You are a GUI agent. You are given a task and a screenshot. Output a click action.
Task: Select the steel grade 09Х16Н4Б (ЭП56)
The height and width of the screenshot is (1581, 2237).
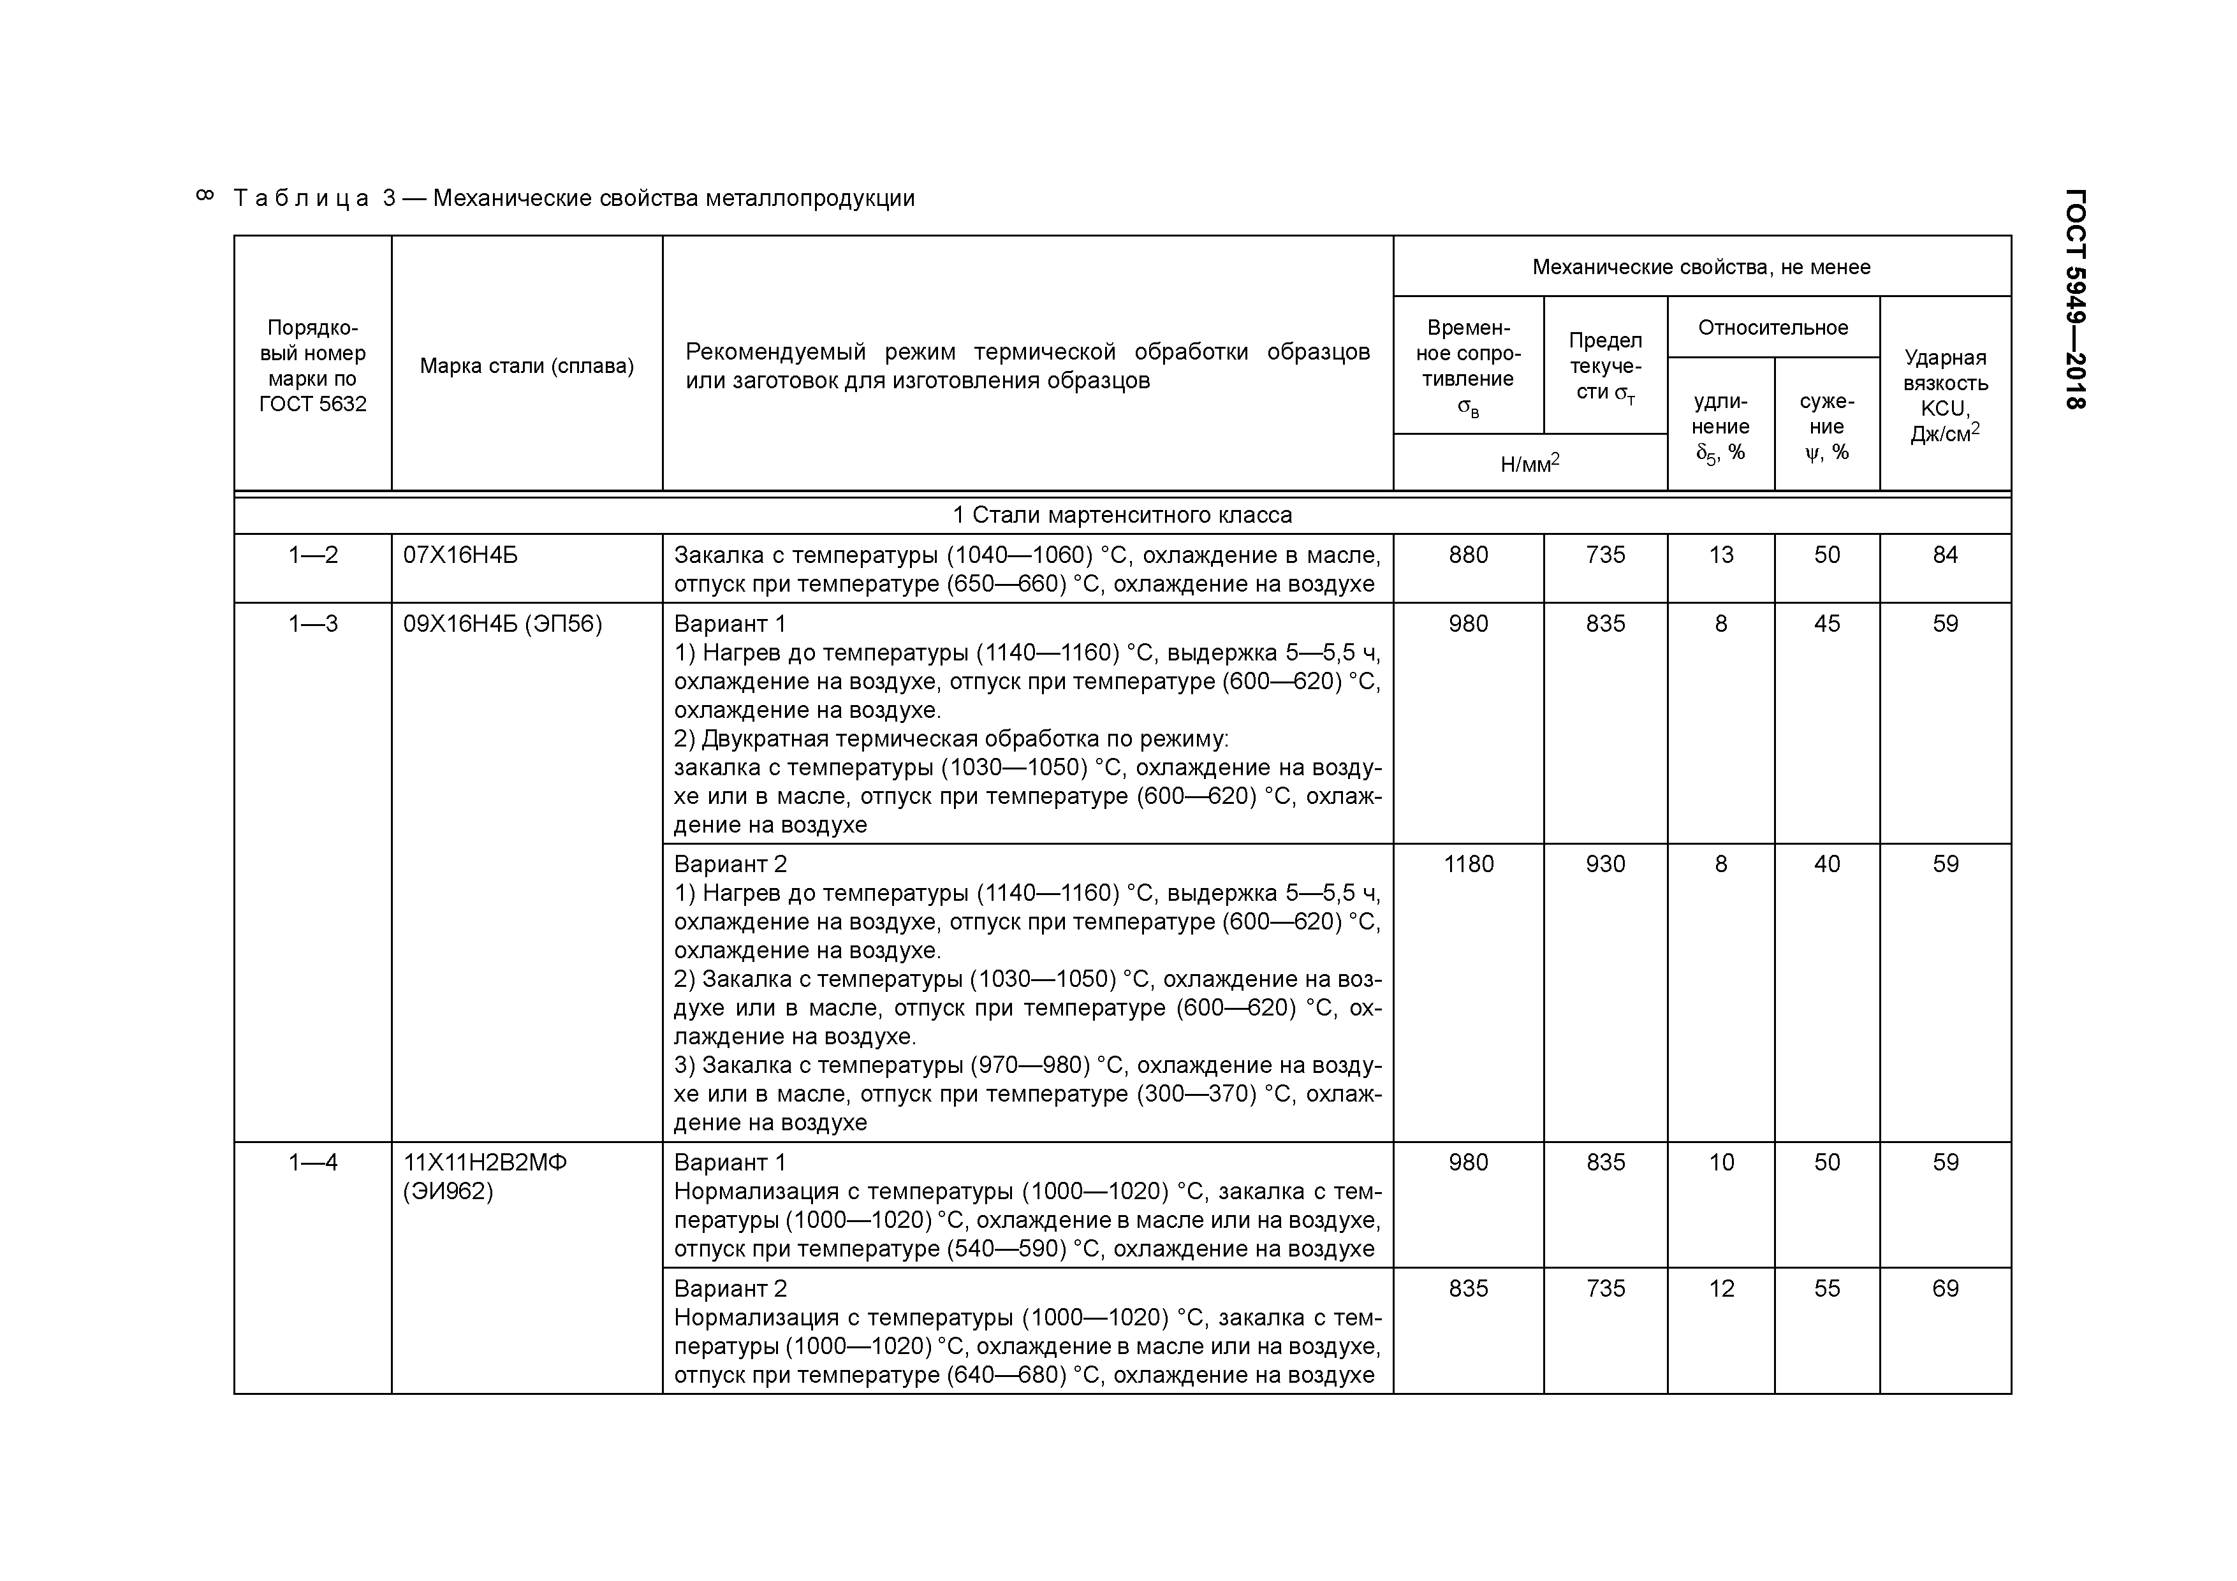502,623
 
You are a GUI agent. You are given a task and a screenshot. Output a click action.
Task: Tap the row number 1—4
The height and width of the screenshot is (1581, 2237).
312,1162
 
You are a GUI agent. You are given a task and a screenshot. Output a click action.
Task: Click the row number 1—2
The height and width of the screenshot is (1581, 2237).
312,555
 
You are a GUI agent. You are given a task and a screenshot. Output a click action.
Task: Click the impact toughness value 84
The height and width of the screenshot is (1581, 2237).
1945,555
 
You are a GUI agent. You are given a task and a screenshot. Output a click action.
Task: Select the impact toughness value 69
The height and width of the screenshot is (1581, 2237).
1945,1289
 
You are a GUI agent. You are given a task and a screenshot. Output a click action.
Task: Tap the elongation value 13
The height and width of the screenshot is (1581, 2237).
1720,555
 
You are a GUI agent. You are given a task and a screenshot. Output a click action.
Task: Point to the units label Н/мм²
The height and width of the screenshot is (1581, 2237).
1530,463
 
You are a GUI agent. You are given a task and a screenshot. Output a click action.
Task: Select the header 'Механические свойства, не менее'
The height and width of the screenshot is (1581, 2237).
1701,267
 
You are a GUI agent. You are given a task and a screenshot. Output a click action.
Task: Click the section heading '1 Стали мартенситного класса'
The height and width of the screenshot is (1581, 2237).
1122,515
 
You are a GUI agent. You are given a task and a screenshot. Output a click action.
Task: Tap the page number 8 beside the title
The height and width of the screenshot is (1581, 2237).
205,196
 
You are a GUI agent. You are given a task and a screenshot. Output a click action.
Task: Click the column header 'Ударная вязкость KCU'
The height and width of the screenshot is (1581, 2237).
1945,395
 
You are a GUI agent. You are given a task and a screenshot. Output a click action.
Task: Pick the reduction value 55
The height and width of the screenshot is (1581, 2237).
1826,1289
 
